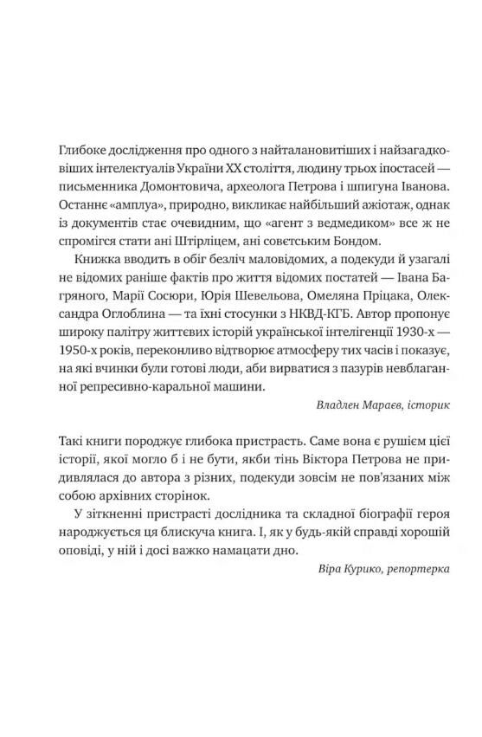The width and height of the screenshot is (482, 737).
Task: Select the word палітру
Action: [x=124, y=306]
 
